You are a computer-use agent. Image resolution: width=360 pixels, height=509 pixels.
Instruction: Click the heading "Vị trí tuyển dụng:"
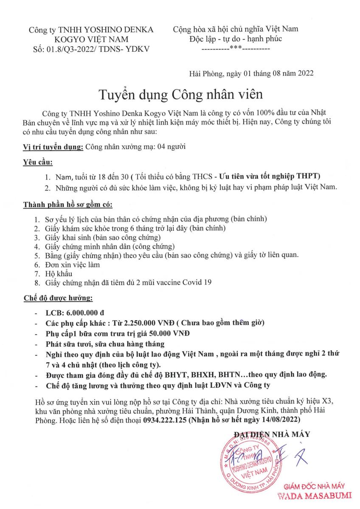point(53,147)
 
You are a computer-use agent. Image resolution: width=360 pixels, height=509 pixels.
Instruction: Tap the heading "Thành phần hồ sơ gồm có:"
point(67,205)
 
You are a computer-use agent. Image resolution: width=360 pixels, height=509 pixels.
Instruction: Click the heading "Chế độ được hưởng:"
point(57,299)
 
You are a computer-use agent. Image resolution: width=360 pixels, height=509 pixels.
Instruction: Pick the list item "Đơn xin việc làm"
point(73,265)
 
